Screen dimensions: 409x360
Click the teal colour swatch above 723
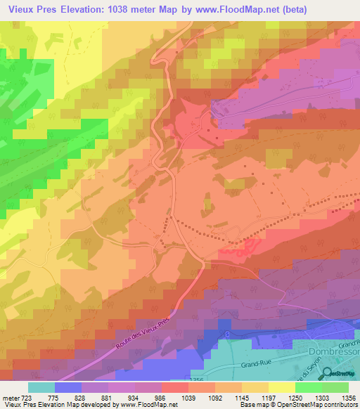tap(41, 387)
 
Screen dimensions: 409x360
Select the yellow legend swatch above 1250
tap(282, 387)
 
